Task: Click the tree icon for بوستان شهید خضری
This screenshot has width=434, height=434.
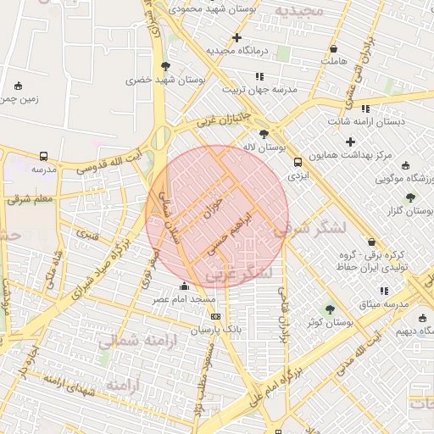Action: tap(165, 66)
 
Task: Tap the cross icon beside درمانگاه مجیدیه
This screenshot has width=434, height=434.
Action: tap(236, 38)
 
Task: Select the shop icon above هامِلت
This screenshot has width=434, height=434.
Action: tap(333, 48)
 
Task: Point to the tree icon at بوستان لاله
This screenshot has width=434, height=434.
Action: tap(264, 134)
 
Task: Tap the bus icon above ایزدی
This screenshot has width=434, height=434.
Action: tap(297, 162)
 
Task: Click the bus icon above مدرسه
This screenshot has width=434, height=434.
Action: tap(43, 156)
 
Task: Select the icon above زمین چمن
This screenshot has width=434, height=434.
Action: tap(19, 85)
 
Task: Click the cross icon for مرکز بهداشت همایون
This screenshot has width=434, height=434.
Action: tap(350, 142)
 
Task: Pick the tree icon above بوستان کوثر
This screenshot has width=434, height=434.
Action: tap(330, 309)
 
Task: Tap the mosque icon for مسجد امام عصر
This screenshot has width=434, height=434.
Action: tap(185, 287)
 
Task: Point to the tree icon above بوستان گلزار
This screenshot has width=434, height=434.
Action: tap(411, 197)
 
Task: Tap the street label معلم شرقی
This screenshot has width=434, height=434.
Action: tap(31, 200)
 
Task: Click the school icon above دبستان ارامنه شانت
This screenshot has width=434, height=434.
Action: tap(365, 108)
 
